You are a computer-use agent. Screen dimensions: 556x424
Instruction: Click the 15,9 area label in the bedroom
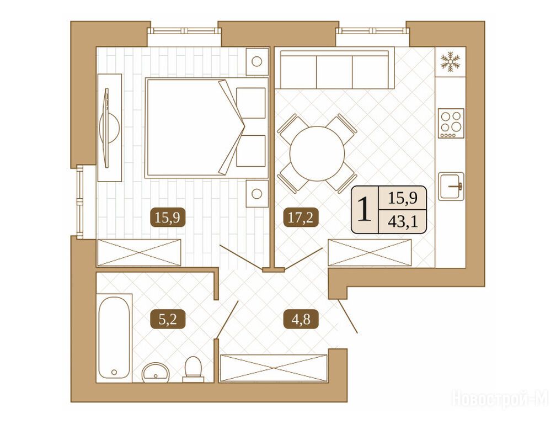tap(170, 217)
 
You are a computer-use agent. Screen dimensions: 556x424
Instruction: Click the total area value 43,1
tap(403, 222)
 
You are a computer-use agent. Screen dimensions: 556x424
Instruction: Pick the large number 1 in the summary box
tap(365, 209)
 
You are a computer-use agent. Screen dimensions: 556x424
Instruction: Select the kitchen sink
tap(451, 186)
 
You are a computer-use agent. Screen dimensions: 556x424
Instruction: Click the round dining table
tap(317, 153)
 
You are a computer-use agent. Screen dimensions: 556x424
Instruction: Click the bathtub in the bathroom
tap(114, 337)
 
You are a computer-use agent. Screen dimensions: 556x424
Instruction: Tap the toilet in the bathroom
tap(193, 369)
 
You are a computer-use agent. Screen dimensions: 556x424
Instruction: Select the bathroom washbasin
tap(156, 373)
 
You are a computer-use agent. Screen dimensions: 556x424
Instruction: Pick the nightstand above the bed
tap(256, 61)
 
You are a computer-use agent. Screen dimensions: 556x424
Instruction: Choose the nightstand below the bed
tap(256, 194)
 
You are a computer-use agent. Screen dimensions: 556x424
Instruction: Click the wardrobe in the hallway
tap(274, 368)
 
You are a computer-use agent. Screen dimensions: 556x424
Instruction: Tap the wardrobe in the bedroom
tap(139, 252)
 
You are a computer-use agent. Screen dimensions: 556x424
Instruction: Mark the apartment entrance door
tap(347, 316)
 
